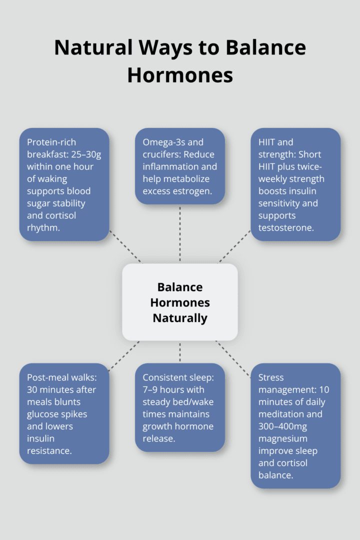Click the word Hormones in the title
pos(180,75)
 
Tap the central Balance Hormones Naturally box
pos(180,302)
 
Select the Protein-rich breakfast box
pos(64,184)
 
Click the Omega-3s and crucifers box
pos(180,166)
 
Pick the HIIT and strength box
pos(295,184)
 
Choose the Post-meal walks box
pos(64,413)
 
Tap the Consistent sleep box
pos(180,407)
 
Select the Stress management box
pos(295,425)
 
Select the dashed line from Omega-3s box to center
pos(180,233)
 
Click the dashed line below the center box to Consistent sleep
pos(180,351)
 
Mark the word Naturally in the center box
pos(180,318)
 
